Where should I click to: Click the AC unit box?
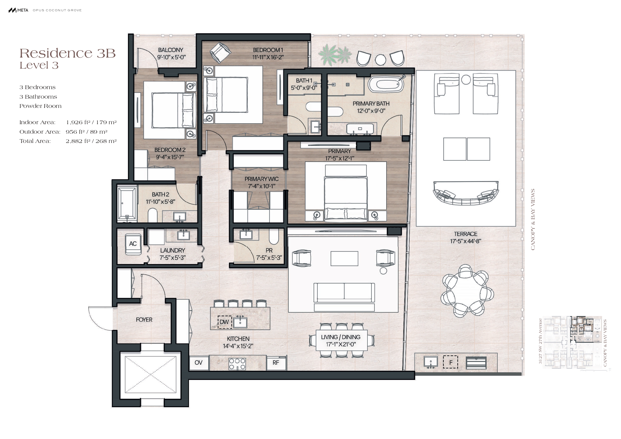pyautogui.click(x=133, y=244)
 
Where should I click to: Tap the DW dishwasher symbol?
pyautogui.click(x=225, y=322)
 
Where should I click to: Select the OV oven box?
pyautogui.click(x=198, y=363)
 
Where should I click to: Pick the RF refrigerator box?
pyautogui.click(x=276, y=363)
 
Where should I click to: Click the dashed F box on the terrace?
pyautogui.click(x=451, y=362)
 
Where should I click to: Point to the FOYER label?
pyautogui.click(x=144, y=320)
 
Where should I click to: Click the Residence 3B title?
pyautogui.click(x=68, y=53)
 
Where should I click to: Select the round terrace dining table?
pyautogui.click(x=467, y=291)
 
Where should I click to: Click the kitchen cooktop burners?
pyautogui.click(x=237, y=364)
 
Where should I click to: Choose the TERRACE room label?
pyautogui.click(x=466, y=234)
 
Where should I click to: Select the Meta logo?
pyautogui.click(x=18, y=10)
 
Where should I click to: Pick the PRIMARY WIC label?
pyautogui.click(x=262, y=179)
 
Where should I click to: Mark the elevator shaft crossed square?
pyautogui.click(x=150, y=375)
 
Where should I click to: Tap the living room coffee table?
pyautogui.click(x=344, y=259)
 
